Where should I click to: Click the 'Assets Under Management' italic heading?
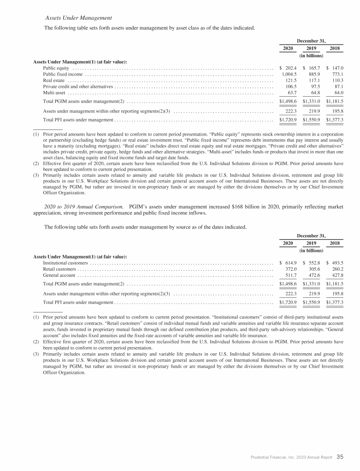coord(78,17)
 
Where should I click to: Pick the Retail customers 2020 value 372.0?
coord(289,269)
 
